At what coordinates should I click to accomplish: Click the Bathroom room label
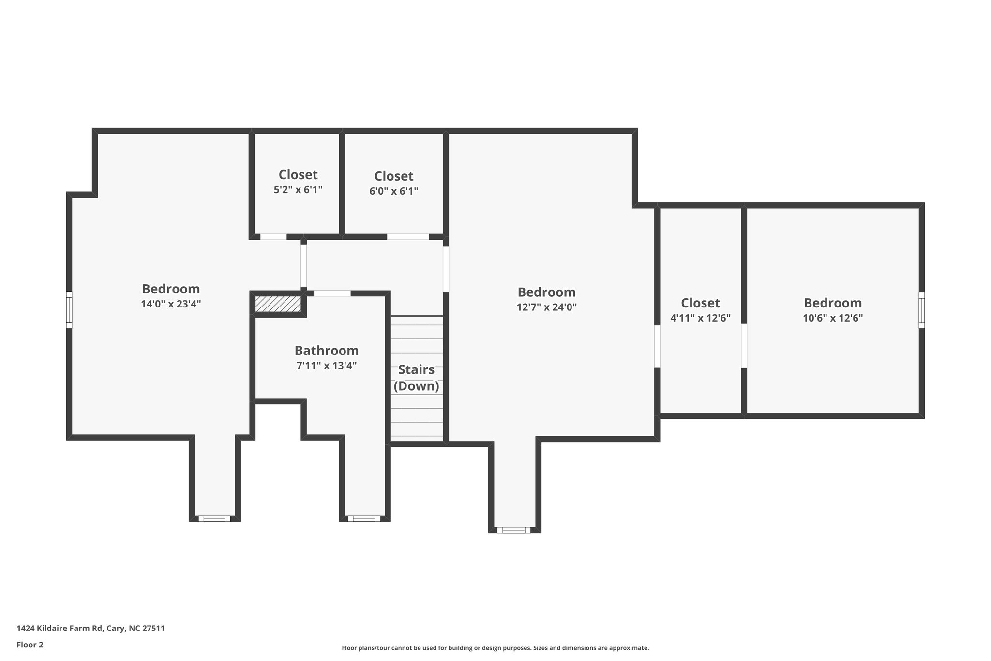[326, 350]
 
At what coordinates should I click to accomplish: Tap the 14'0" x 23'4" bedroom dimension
[171, 304]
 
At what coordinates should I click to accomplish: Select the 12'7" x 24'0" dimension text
[546, 307]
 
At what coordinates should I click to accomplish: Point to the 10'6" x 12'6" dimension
[832, 318]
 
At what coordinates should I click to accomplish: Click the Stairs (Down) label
[416, 378]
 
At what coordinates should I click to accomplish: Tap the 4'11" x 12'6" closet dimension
[700, 318]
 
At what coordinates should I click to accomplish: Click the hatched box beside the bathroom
[278, 304]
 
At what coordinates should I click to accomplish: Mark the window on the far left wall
[69, 309]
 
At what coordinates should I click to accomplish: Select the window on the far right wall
[921, 310]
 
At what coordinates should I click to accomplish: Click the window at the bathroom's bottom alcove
[364, 518]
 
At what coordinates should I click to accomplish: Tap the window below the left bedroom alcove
[214, 518]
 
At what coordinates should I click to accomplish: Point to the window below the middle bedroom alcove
[513, 530]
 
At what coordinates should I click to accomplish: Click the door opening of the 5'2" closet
[273, 237]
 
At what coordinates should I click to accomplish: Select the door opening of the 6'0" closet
[407, 237]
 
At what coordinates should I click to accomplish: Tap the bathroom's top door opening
[332, 293]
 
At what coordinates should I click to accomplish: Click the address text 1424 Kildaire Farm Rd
[90, 628]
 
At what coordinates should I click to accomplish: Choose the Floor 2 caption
[30, 645]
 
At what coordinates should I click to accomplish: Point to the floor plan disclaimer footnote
[495, 648]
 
